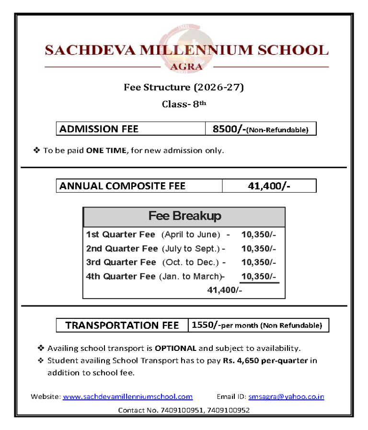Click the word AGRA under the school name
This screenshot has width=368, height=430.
(186, 67)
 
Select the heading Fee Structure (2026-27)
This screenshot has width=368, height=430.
(184, 87)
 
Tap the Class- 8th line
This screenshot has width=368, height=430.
(184, 104)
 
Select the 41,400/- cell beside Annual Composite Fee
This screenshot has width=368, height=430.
(269, 186)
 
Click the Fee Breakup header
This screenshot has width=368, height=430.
(184, 216)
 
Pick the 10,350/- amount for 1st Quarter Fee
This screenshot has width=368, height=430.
(259, 235)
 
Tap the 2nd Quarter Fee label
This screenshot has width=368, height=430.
(122, 249)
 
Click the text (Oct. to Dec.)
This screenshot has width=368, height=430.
(191, 262)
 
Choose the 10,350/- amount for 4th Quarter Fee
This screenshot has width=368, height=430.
(259, 276)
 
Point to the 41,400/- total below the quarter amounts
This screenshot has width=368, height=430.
(224, 290)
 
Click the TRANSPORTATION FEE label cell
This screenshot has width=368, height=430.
(122, 325)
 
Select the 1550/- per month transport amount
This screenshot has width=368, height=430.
(205, 325)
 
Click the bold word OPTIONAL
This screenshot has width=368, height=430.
(175, 348)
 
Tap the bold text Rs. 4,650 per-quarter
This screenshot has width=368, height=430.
(265, 360)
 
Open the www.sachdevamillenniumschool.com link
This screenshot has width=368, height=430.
(127, 396)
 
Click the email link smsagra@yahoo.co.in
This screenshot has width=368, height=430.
(286, 396)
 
